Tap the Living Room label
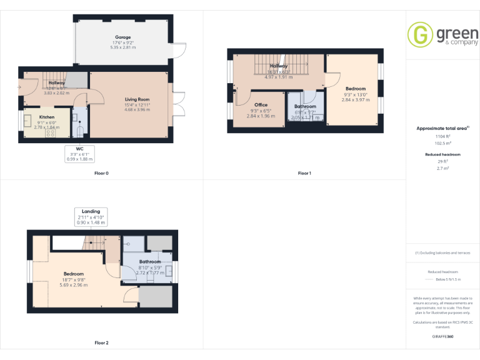tap(137, 99)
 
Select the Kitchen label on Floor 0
tap(47, 117)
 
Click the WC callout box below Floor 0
tap(80, 154)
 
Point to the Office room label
tap(261, 105)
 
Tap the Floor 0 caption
tap(101, 172)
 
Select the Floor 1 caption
tap(304, 172)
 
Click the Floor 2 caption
tap(101, 342)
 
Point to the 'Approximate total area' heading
tap(441, 128)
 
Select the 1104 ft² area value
tap(442, 136)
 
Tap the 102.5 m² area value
tap(442, 142)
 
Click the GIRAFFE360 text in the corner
tap(442, 337)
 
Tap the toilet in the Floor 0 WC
tap(78, 130)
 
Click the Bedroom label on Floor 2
tap(73, 274)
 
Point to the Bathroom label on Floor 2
tap(150, 262)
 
